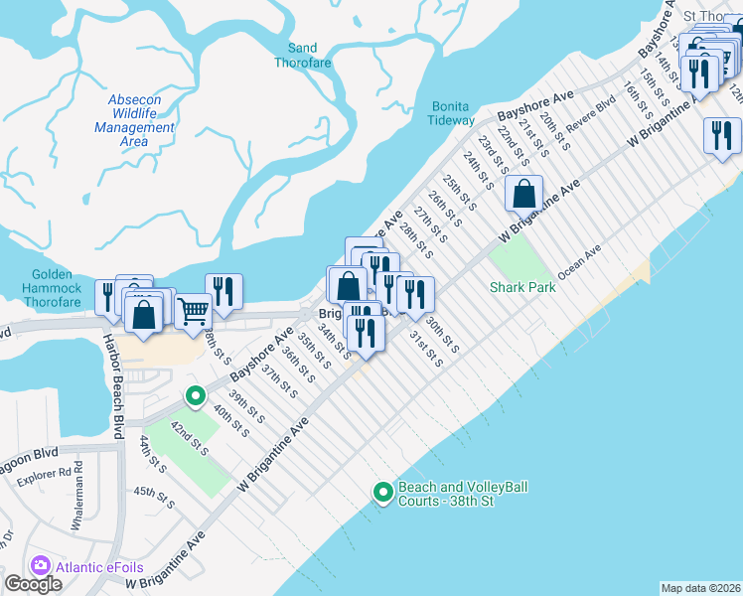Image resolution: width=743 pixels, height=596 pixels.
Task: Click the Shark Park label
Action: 520,287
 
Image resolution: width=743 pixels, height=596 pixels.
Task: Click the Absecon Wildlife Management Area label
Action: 135,121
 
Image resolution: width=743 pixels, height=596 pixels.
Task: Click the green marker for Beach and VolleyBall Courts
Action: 382,492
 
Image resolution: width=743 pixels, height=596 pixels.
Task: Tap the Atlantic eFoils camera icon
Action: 42,565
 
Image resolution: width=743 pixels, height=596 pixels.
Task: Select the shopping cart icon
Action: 193,311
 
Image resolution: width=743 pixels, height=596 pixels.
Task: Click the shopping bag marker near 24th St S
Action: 523,194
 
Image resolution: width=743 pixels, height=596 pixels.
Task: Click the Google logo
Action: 33,584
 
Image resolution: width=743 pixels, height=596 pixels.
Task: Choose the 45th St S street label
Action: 154,498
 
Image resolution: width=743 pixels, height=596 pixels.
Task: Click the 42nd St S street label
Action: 188,437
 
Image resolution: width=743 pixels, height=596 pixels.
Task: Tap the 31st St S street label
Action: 426,348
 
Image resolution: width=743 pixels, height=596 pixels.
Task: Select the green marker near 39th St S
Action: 194,397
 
